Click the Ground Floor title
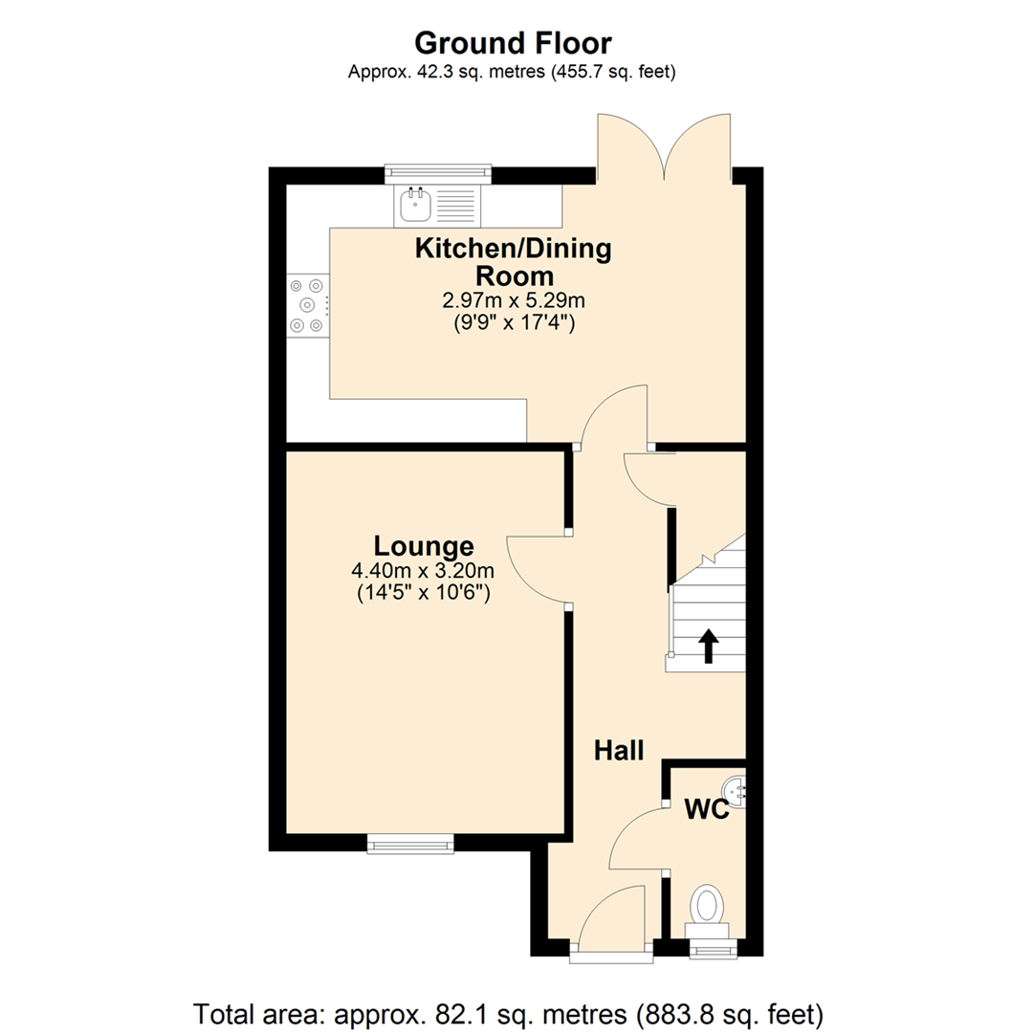click(513, 43)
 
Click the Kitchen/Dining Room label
click(512, 262)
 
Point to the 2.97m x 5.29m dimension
click(512, 301)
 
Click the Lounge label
click(423, 546)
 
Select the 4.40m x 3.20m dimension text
click(423, 572)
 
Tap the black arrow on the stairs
click(708, 646)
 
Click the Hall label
click(618, 750)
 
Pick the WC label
click(707, 811)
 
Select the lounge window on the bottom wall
click(410, 843)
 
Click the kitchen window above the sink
click(437, 174)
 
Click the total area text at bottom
click(508, 1012)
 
